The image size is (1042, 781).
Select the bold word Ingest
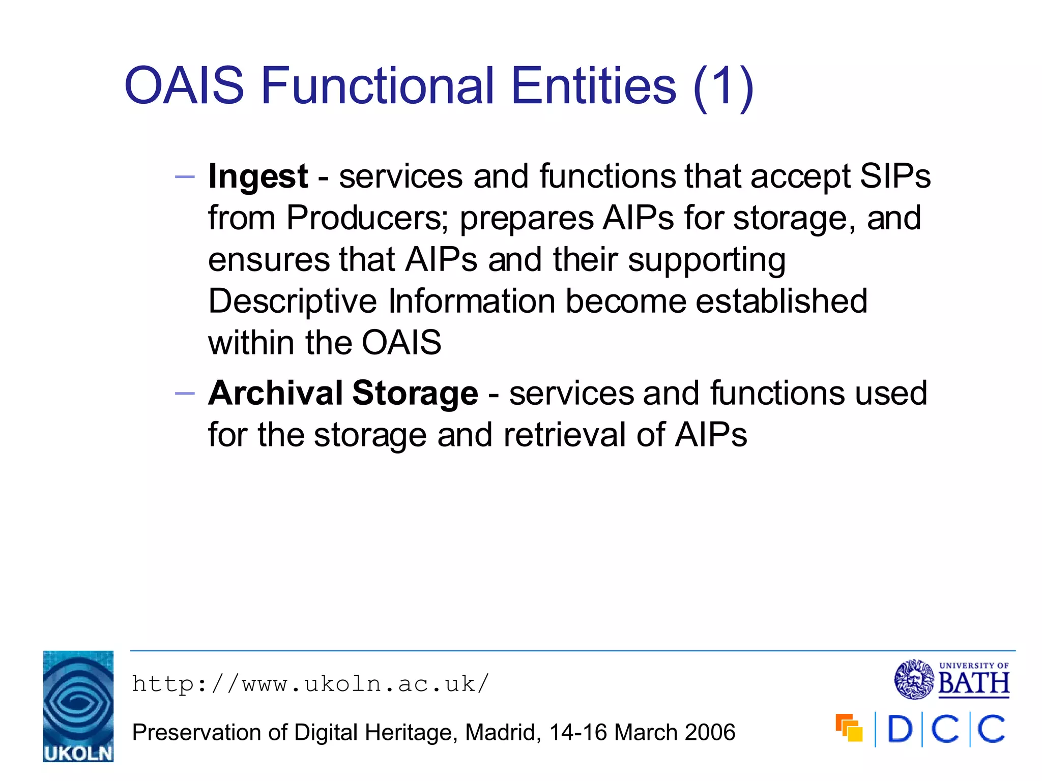click(x=258, y=177)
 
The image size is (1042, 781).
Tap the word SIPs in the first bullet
click(x=895, y=176)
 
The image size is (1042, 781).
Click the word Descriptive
click(x=293, y=301)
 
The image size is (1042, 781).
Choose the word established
click(x=781, y=301)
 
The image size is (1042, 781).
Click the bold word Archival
click(x=275, y=393)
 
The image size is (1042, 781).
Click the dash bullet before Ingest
click(x=185, y=177)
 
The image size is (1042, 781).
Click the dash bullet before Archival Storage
click(x=185, y=394)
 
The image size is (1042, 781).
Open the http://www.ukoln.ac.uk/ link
click(x=310, y=684)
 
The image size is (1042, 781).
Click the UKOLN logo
click(x=78, y=706)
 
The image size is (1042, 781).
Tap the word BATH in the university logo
click(x=973, y=684)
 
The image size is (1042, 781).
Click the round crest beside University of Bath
click(x=914, y=679)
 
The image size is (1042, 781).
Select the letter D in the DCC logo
click(x=900, y=729)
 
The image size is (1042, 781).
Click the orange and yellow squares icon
click(x=849, y=728)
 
